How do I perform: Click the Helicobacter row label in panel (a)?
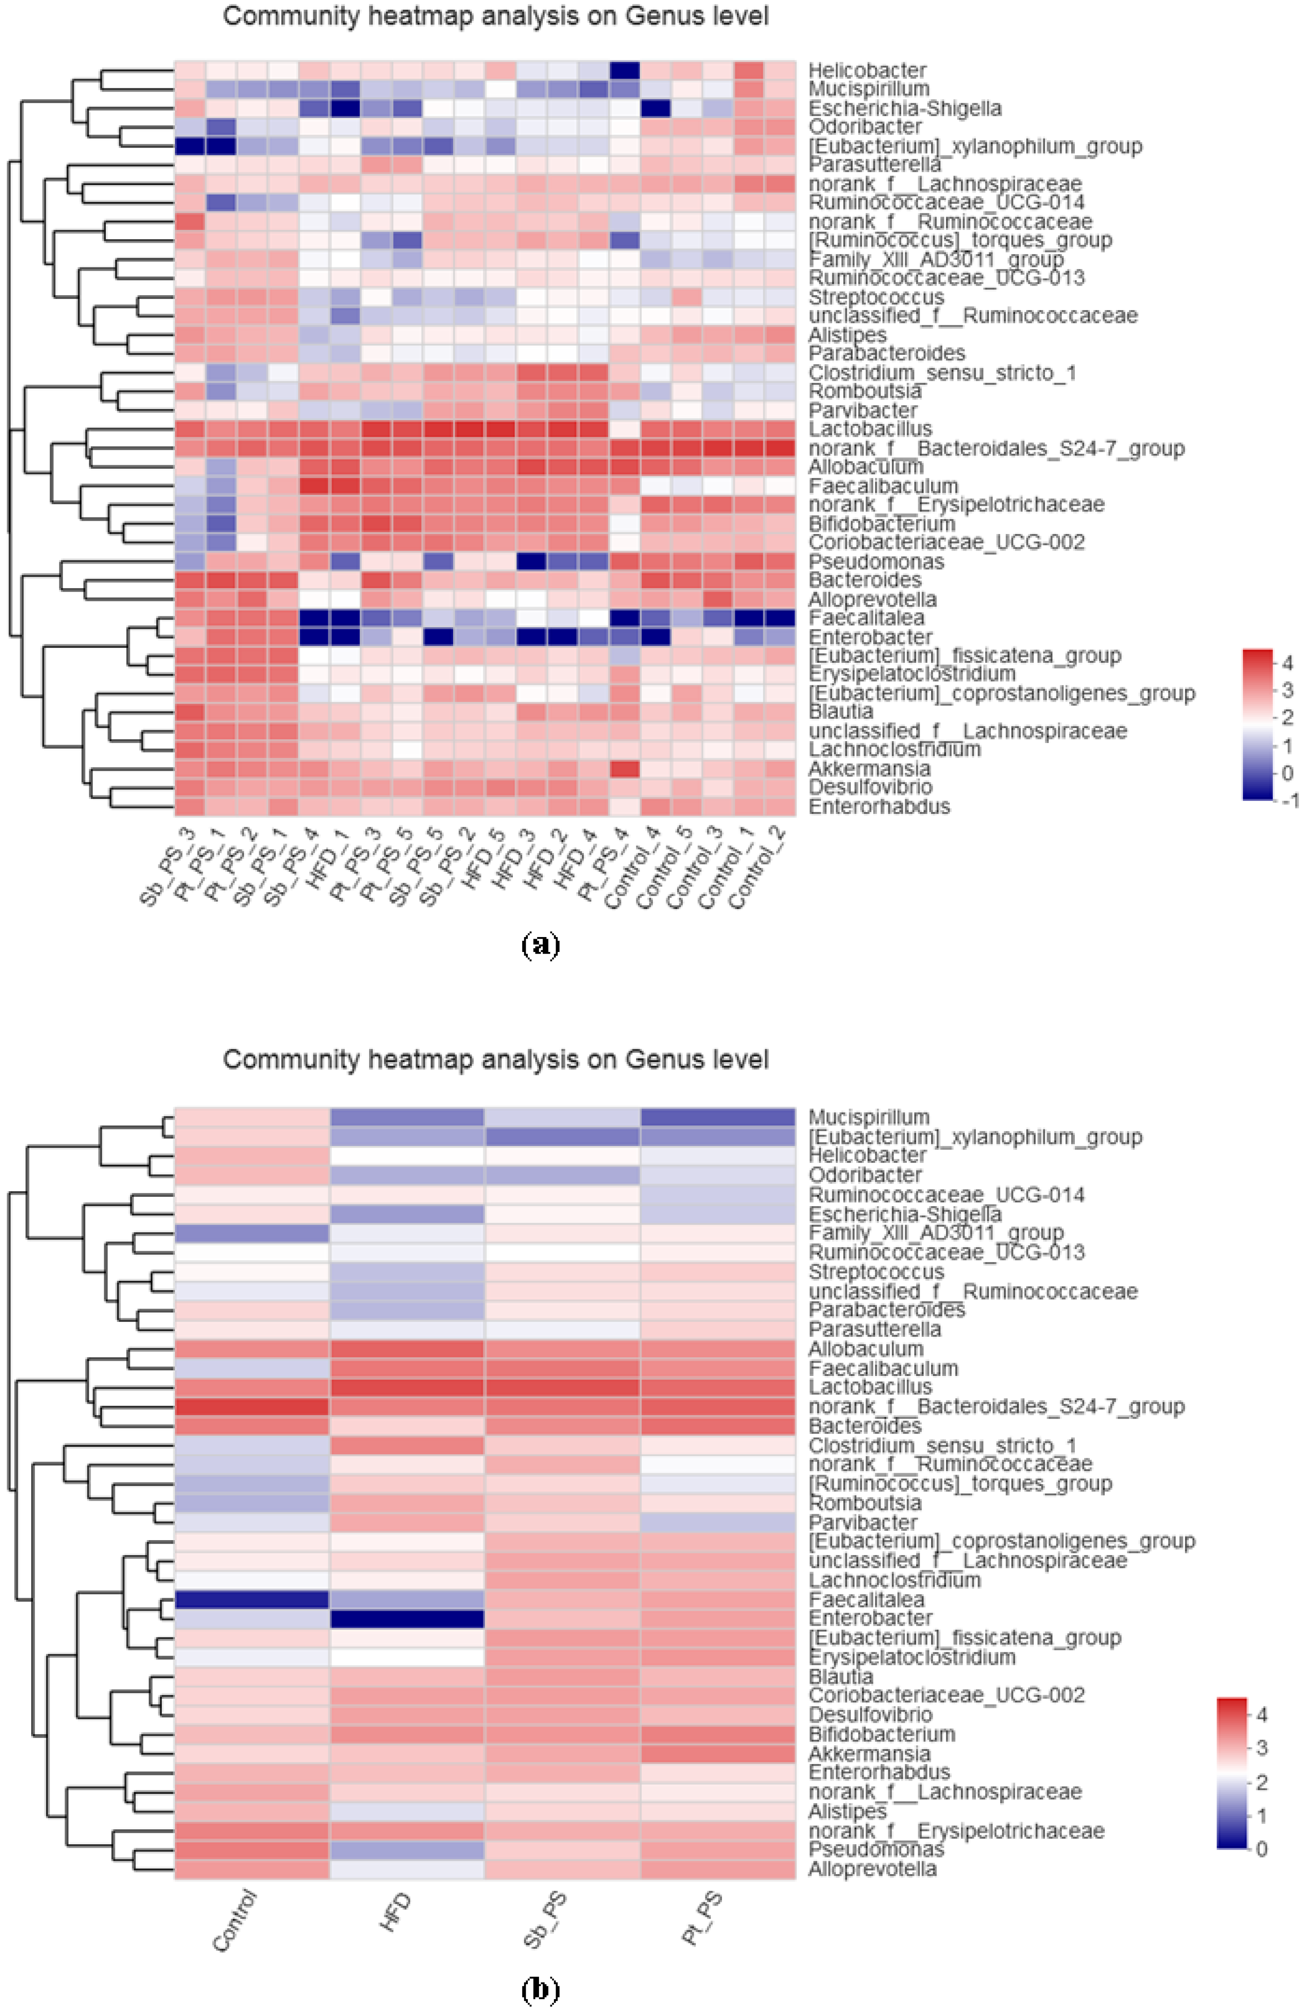(866, 70)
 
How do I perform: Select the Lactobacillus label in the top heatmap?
(870, 429)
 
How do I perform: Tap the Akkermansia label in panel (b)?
(869, 1753)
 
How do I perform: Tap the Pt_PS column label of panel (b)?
(701, 1918)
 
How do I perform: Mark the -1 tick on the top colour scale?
(1289, 800)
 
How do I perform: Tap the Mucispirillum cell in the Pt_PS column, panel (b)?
(717, 1117)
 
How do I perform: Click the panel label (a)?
(541, 944)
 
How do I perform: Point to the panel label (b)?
(541, 1990)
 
